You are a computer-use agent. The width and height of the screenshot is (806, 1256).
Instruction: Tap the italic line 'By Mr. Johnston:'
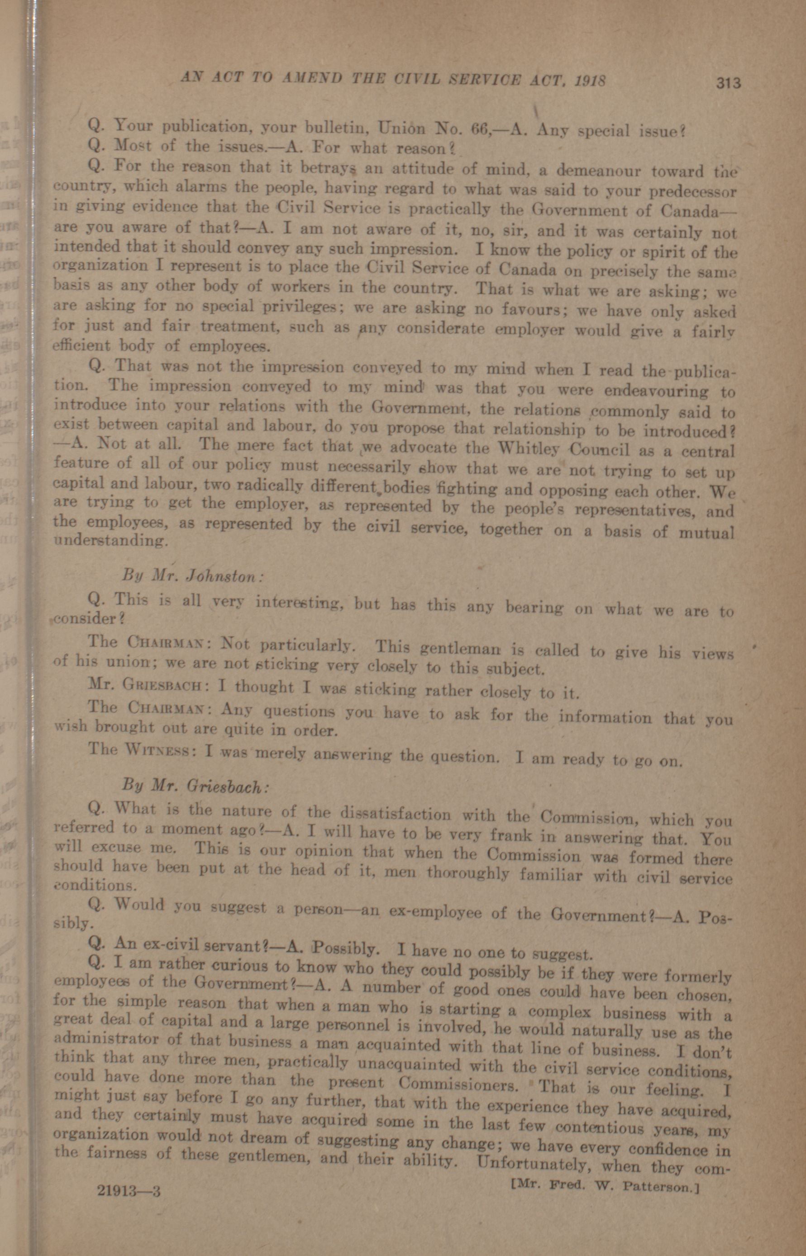(x=191, y=576)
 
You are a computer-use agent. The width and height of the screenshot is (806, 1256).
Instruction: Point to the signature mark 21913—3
(x=129, y=1190)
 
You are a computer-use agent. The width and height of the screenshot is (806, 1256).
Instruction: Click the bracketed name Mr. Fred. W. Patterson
(x=605, y=1186)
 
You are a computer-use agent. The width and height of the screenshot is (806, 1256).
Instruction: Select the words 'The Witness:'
(x=141, y=750)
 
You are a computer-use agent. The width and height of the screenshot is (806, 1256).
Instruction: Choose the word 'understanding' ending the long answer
(x=111, y=540)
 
